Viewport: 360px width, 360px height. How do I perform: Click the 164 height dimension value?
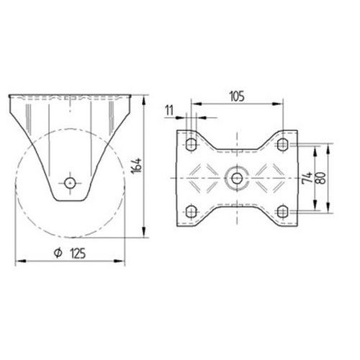pos(137,166)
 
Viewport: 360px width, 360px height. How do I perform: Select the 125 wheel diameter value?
pos(78,253)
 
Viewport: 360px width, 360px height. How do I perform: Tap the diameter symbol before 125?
pos(58,253)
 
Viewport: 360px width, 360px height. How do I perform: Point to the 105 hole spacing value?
pos(237,96)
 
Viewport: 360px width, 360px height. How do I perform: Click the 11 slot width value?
pos(169,111)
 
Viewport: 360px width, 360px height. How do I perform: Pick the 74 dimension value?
pos(307,178)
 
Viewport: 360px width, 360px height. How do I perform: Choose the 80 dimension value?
pos(321,178)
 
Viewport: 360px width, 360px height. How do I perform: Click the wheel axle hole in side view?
pos(70,184)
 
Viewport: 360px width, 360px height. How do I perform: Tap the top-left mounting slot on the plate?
pos(192,144)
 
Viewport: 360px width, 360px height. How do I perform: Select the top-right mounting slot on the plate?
pos(283,144)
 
